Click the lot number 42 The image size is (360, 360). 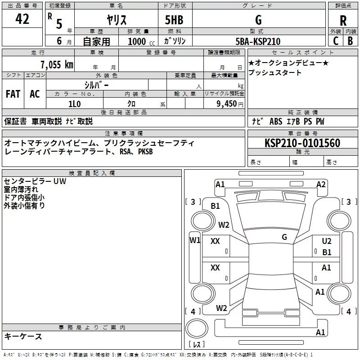[22, 19]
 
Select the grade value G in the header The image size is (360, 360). [258, 20]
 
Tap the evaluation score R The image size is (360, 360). [343, 21]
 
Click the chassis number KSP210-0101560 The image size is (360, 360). [302, 144]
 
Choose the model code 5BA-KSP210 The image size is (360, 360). [258, 41]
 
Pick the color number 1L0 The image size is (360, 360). [74, 103]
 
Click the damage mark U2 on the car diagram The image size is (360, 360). [327, 241]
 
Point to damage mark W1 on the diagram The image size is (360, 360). [194, 240]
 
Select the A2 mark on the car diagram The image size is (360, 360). [321, 184]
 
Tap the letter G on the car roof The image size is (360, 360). [284, 237]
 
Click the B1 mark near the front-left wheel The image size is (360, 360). [216, 206]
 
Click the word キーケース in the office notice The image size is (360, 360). [23, 336]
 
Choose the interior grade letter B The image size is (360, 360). [350, 41]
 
